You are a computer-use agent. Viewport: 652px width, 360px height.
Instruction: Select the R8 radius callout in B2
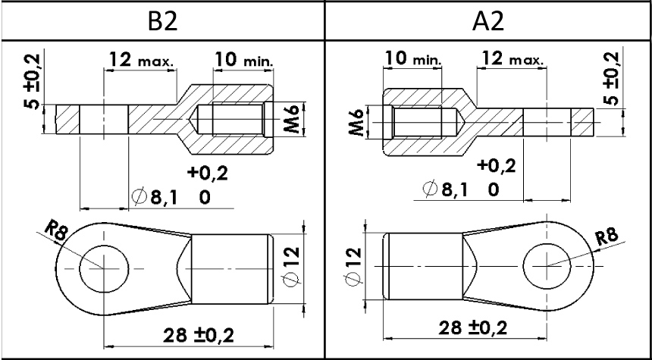[x=56, y=231]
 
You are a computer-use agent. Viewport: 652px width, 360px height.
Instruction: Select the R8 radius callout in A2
[x=607, y=238]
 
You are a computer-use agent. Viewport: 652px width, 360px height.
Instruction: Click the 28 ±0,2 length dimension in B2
[x=198, y=335]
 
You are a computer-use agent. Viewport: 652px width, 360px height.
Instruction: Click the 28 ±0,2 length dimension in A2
[x=473, y=328]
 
